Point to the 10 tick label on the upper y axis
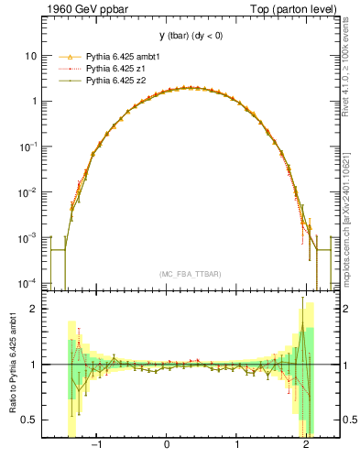(30, 56)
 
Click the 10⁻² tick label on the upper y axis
(28, 191)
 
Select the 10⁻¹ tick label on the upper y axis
(28, 147)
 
